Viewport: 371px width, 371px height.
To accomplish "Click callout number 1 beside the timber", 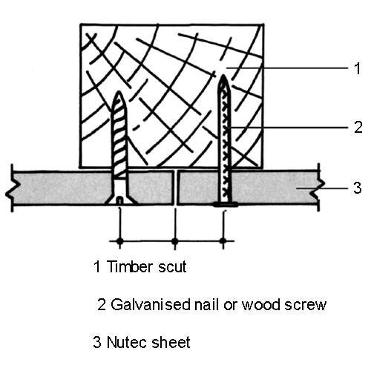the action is pos(357,68).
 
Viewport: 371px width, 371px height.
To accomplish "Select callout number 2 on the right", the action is pos(358,128).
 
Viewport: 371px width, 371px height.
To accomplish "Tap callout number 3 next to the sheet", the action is pos(358,188).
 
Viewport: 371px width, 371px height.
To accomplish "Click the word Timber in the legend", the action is pos(130,266).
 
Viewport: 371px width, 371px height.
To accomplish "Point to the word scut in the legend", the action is pos(172,267).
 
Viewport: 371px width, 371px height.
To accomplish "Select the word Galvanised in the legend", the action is pos(151,304).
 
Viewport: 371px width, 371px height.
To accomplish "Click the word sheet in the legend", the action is pos(171,342).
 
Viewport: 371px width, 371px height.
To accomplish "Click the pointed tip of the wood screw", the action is pos(119,92).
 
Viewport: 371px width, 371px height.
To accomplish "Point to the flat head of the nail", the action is pos(226,205).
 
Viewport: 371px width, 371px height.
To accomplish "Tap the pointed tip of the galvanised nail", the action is pos(223,75).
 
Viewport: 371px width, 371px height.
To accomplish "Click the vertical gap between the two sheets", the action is pos(175,188).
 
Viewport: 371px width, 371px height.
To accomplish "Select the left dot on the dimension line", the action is pos(119,240).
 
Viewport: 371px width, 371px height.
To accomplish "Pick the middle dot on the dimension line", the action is pos(175,240).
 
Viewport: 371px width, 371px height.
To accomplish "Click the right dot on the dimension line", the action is pos(223,240).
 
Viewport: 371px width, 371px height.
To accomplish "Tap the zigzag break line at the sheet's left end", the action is pos(12,188).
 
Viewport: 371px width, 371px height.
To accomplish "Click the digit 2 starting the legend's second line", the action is pos(102,305).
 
